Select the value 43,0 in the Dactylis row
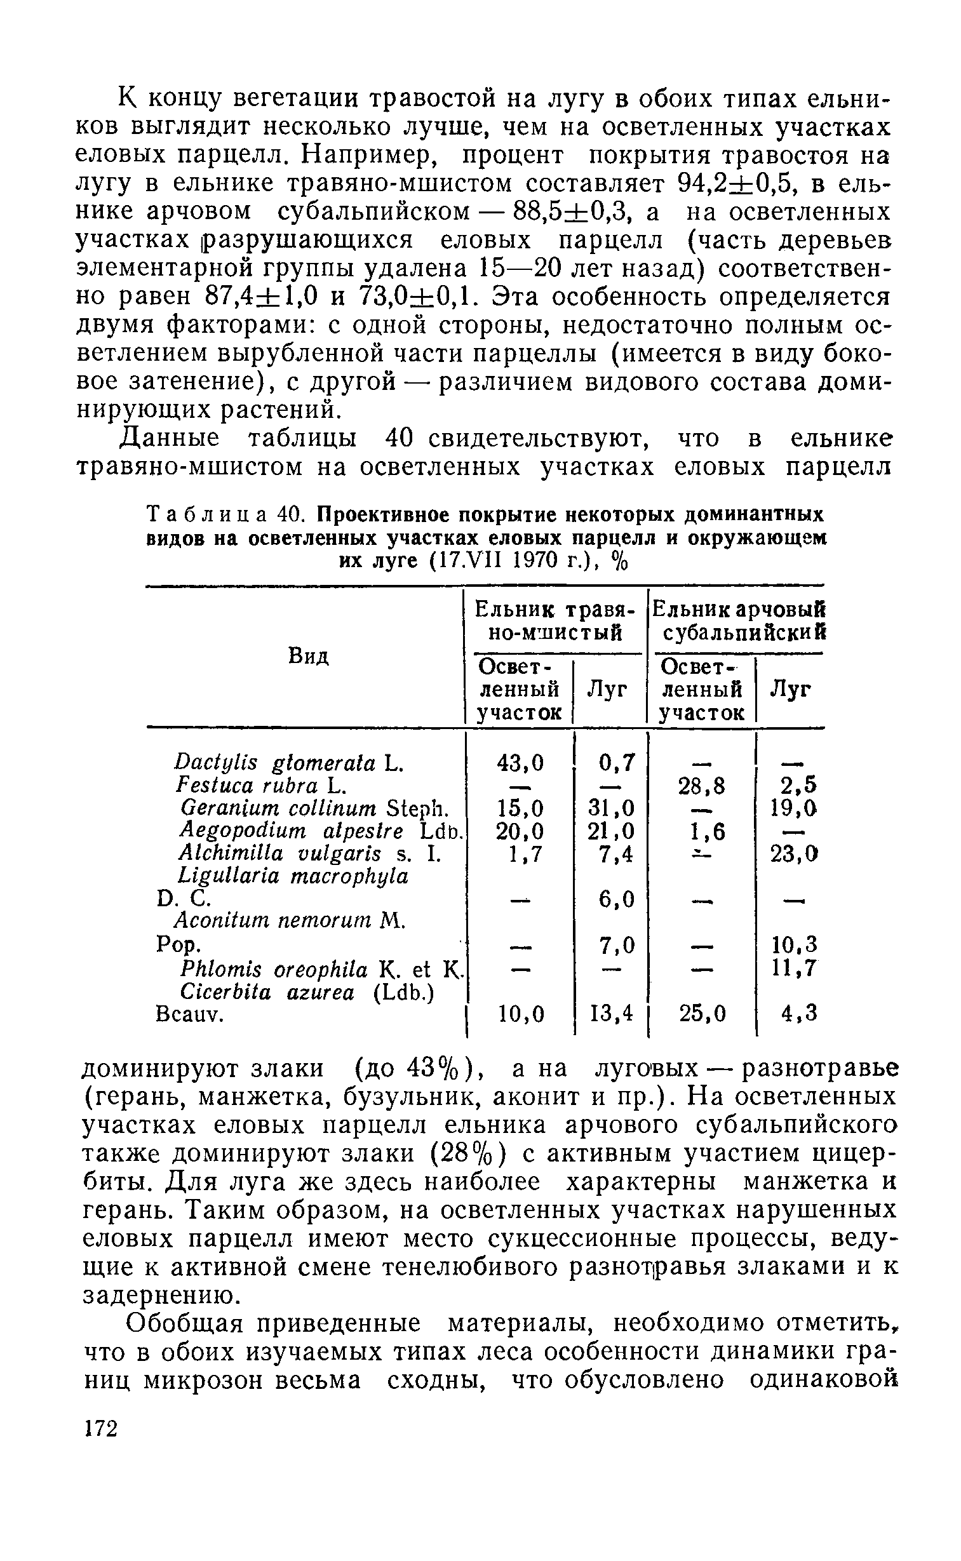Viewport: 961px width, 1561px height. point(520,761)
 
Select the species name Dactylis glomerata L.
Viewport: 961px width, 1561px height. point(289,761)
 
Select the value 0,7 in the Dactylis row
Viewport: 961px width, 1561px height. point(615,761)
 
